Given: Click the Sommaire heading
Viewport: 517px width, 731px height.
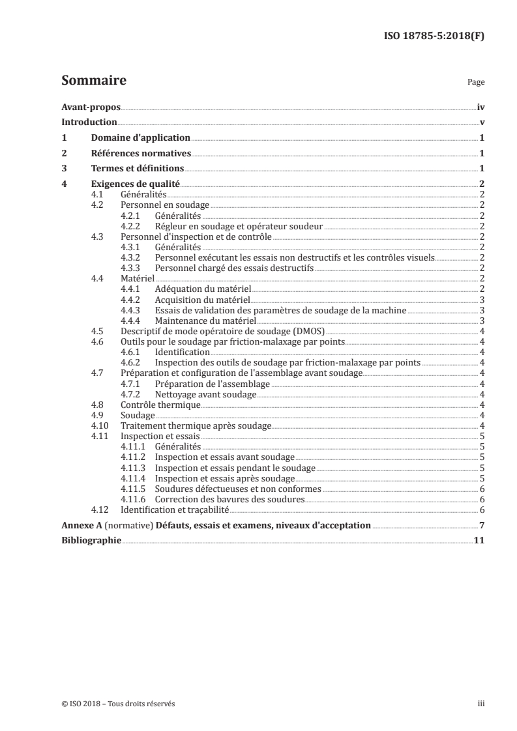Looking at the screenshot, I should coord(93,81).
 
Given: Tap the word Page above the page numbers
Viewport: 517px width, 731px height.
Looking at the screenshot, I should coord(476,83).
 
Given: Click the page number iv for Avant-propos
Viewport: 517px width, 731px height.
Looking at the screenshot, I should coord(480,107).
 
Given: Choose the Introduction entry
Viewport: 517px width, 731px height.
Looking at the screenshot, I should coord(89,122).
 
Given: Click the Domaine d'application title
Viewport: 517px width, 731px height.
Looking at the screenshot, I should coord(140,138).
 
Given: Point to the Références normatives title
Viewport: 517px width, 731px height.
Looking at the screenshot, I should coord(141,154).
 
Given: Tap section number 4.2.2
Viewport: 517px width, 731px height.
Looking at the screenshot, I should coord(132,226).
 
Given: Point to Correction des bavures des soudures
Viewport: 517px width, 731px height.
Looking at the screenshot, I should coord(239,499).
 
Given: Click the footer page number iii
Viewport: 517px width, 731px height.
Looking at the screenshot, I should coord(480,704).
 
